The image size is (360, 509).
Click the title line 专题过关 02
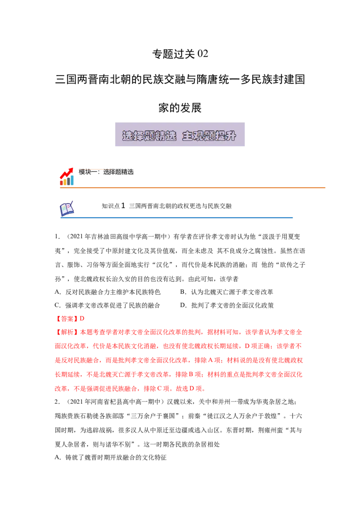tap(180, 54)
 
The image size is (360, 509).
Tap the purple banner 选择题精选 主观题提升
tap(180, 134)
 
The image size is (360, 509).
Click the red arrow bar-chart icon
tap(67, 177)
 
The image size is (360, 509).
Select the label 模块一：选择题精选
tap(106, 172)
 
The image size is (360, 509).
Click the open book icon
tap(67, 208)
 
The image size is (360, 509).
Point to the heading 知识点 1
tap(113, 206)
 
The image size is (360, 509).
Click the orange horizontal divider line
tap(192, 188)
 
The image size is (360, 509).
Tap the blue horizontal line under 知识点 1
tap(176, 218)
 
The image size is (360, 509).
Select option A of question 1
tap(108, 292)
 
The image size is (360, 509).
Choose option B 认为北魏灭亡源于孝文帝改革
tap(227, 292)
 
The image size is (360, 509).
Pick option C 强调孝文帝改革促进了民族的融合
tap(108, 305)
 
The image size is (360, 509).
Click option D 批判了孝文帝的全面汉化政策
tap(227, 305)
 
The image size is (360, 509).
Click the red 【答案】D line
tap(70, 319)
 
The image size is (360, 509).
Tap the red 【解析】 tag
tap(67, 332)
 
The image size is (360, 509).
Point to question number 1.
tap(57, 237)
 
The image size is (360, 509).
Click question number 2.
tap(57, 402)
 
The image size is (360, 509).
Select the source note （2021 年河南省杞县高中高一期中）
tap(115, 402)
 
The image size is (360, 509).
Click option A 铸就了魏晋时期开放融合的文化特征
tap(110, 458)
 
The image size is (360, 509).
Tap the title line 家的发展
tap(180, 108)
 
